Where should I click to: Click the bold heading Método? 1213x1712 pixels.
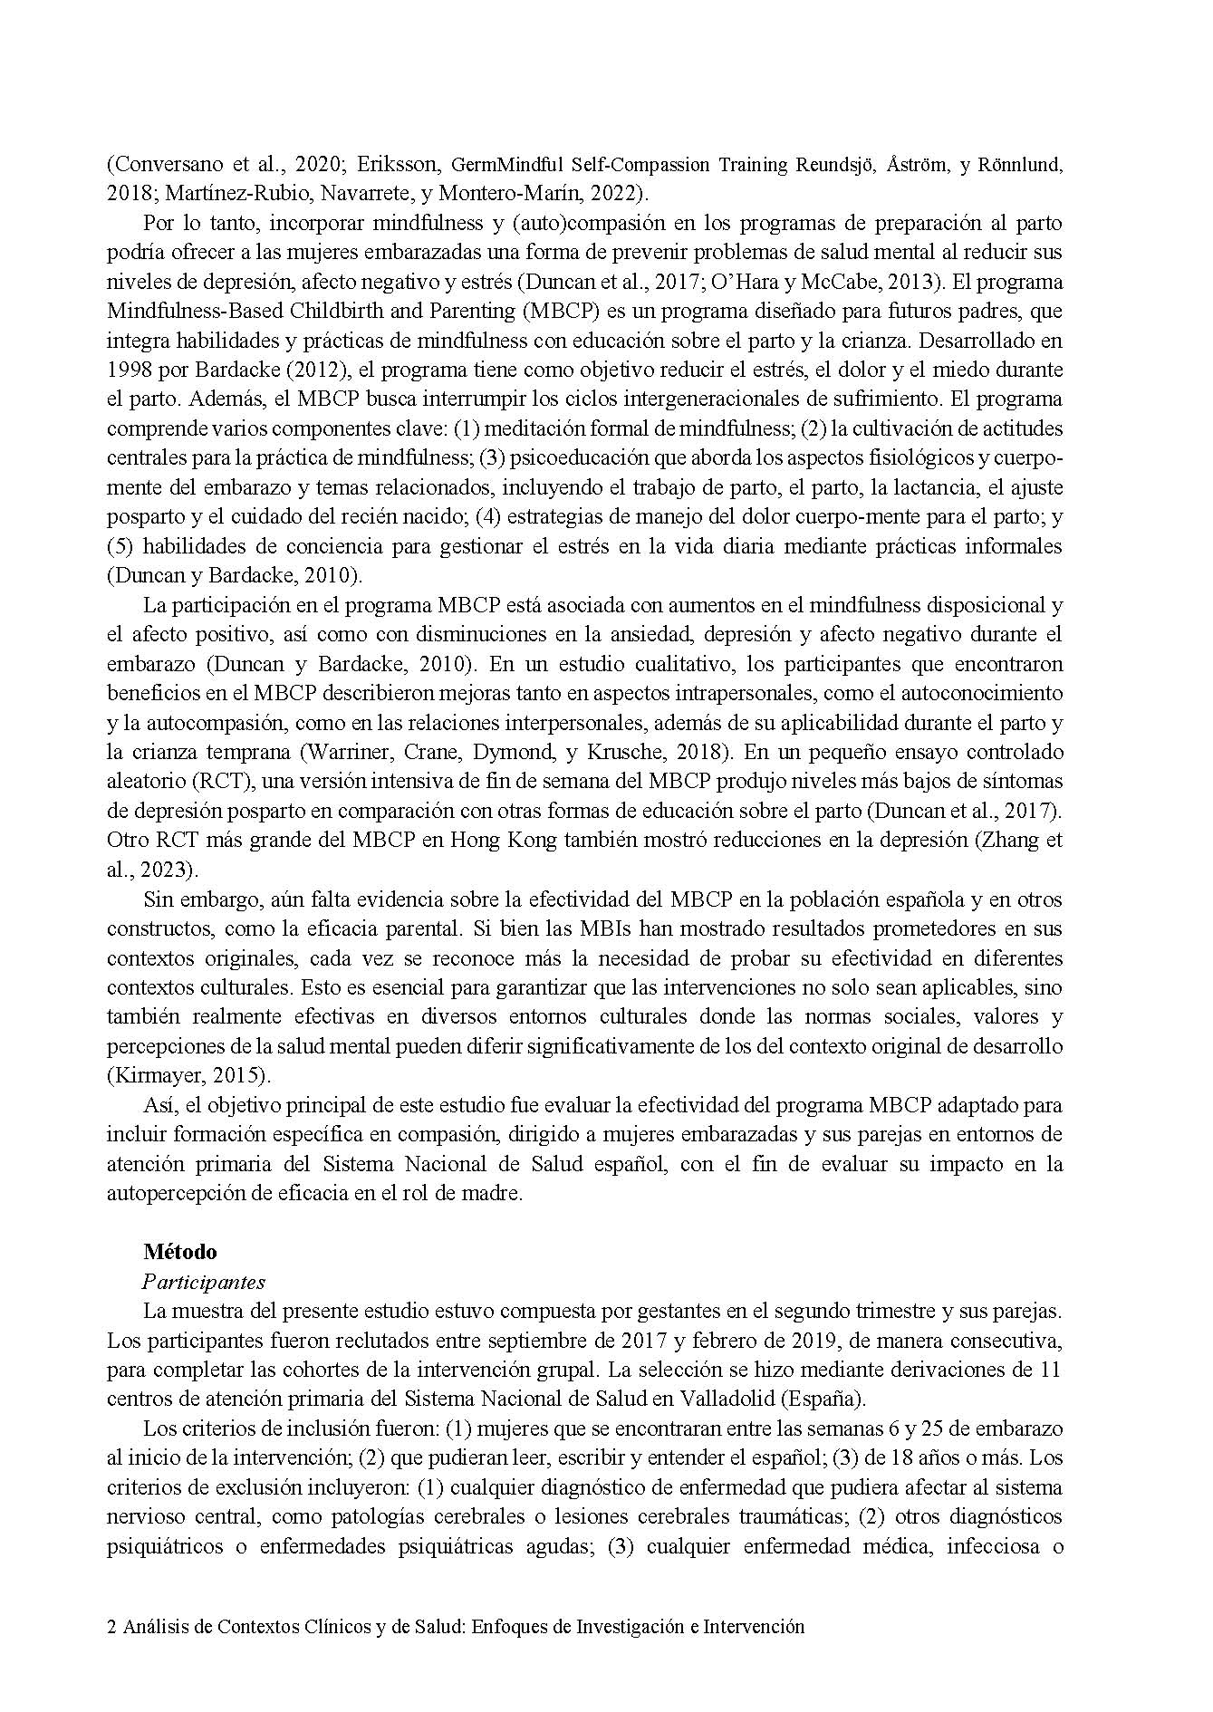179,1252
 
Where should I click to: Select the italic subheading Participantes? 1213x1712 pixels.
204,1282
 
